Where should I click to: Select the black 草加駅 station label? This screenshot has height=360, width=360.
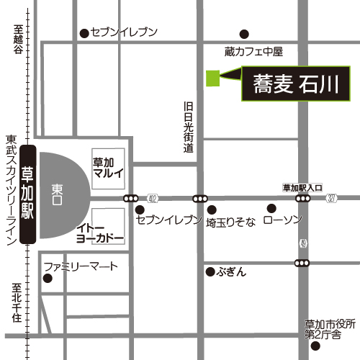coord(28,194)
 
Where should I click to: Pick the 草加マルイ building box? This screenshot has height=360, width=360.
coord(109,167)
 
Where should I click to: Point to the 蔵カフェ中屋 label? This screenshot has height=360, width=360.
coord(253,51)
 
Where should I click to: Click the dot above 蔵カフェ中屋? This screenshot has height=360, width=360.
coord(244,33)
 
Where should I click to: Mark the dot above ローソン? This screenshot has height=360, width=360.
coord(271,209)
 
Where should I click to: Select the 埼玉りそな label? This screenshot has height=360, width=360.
coord(230,222)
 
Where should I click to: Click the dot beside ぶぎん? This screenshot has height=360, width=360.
coord(210,271)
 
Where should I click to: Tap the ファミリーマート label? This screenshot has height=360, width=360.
coord(80,266)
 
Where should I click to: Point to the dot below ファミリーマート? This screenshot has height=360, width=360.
coord(48,278)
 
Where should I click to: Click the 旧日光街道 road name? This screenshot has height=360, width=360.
coord(189,127)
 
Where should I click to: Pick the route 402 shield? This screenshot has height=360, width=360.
coord(152,198)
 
